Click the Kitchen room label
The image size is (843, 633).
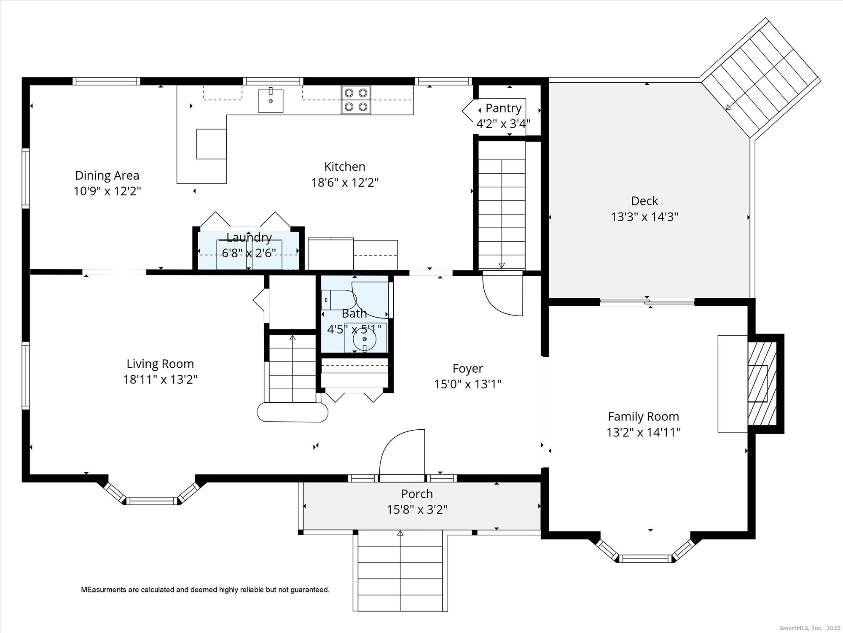344,167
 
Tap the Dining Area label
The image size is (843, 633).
107,175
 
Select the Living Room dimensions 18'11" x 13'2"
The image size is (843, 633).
160,380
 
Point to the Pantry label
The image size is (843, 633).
503,108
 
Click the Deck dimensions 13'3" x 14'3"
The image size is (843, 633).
644,217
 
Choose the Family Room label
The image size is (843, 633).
643,417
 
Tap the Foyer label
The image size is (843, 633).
467,369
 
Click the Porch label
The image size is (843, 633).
417,493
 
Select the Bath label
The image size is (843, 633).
354,313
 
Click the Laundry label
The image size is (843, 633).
249,238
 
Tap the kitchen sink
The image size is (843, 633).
271,100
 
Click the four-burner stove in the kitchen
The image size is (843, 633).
356,100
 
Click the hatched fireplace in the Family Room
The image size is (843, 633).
762,383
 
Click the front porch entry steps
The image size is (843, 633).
400,570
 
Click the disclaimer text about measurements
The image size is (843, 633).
205,590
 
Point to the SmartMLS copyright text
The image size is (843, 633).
809,628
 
